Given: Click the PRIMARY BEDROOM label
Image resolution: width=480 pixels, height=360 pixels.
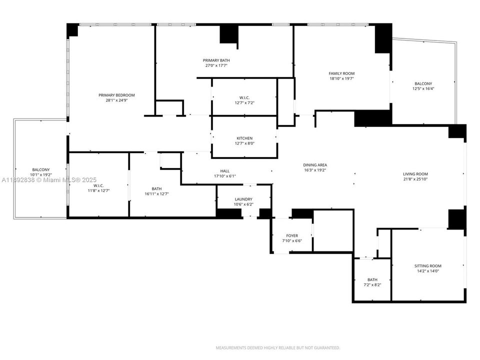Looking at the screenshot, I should coord(116,95).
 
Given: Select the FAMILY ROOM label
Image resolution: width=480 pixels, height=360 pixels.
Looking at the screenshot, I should coord(341,73).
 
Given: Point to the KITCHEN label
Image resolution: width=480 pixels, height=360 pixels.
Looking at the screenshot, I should coord(244,138).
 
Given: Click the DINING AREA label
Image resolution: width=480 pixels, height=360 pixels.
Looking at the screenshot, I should coord(315,165).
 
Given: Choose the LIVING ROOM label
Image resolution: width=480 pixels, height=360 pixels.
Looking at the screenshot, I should coord(415,174).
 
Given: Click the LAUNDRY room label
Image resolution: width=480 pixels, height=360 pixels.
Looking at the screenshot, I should coord(243,199).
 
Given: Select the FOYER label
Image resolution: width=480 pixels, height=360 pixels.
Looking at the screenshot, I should coord(292,235).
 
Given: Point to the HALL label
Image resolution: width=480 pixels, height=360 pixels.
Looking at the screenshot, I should coord(224,171).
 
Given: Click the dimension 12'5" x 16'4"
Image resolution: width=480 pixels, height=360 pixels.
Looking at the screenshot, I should coord(422,88).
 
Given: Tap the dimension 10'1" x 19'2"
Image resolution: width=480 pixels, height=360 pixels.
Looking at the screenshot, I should coord(41,175).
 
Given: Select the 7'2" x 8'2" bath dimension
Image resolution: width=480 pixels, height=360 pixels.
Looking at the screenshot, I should coord(372,284).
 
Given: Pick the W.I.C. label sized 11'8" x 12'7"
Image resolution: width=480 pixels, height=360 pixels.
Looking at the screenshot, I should coord(98,185).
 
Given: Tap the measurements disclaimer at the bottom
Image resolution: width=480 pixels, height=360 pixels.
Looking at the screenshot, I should coord(278,347).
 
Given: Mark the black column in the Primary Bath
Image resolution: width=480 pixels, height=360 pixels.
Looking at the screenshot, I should coord(228,34).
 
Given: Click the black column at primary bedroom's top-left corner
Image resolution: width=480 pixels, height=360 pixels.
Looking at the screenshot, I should coord(72,30).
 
